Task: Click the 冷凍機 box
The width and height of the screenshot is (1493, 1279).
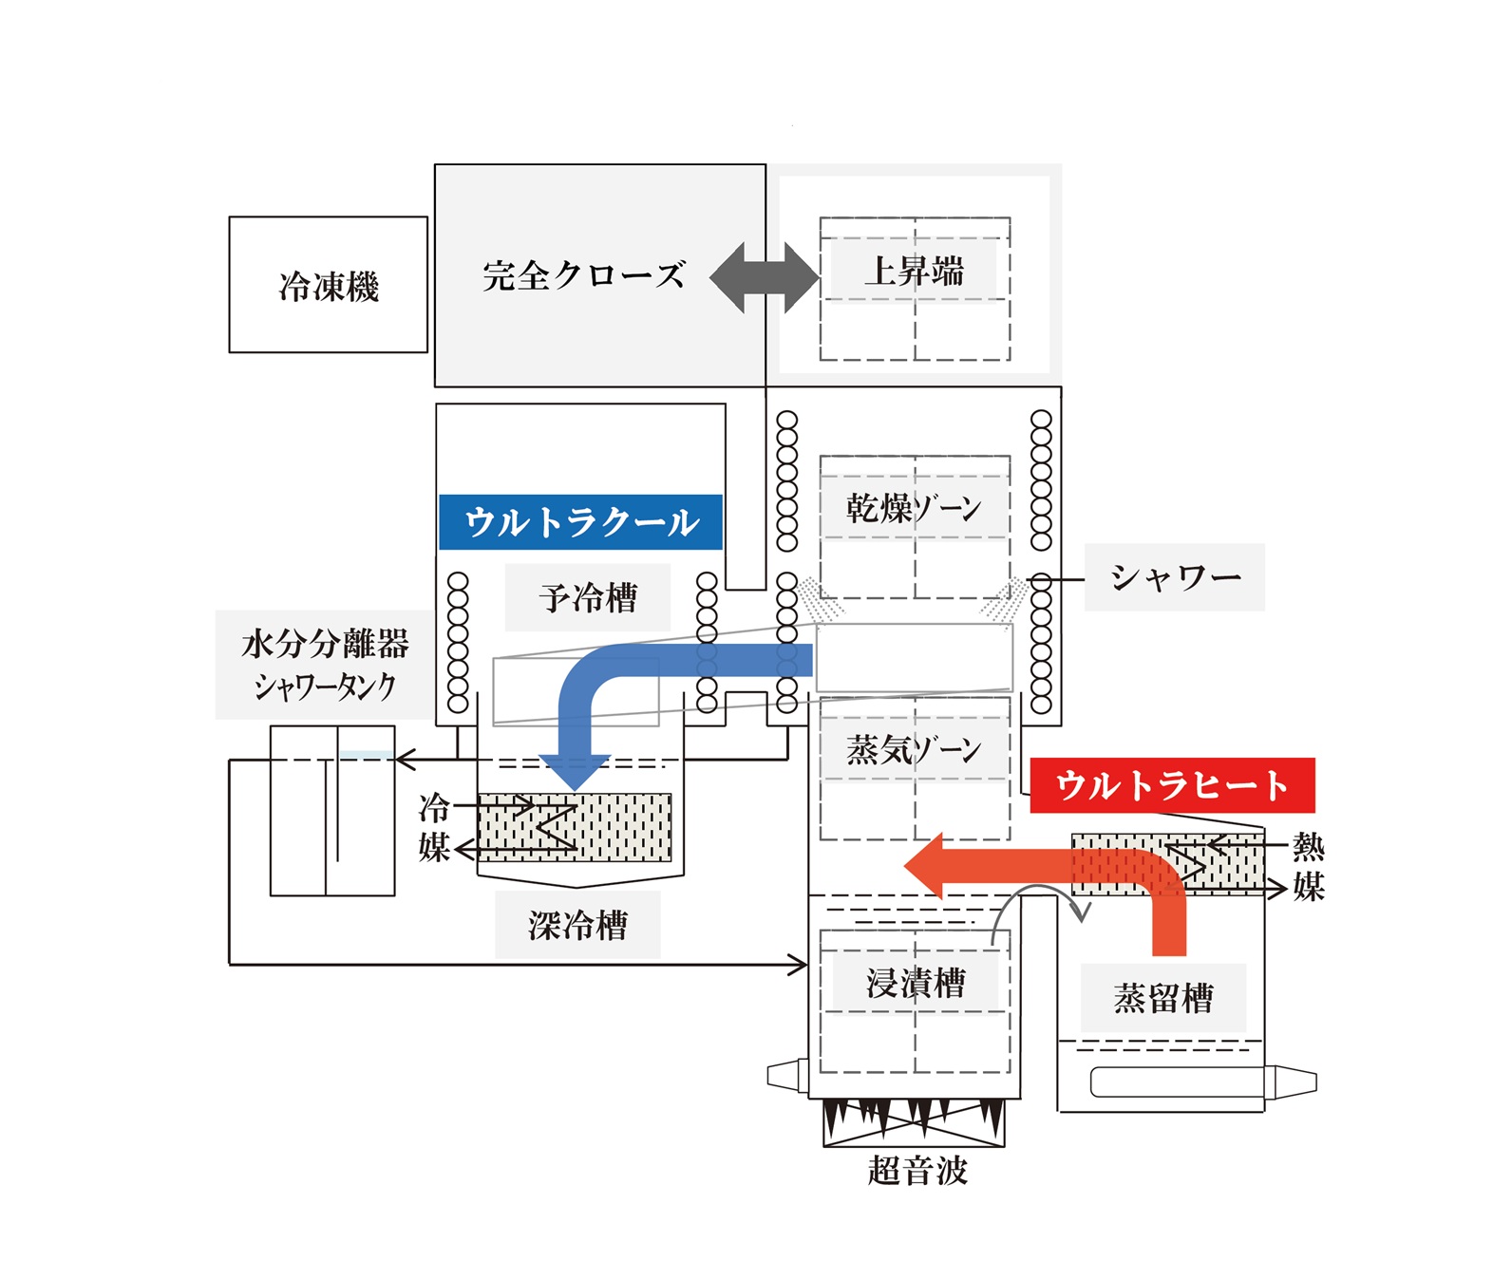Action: (328, 285)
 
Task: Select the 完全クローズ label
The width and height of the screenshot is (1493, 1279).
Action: (583, 275)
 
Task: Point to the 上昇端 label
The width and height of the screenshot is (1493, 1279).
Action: (914, 271)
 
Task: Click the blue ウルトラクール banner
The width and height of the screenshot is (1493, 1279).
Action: (580, 521)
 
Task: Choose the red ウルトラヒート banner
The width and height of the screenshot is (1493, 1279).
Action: (1171, 785)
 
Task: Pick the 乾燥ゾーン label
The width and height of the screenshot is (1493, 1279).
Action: (913, 508)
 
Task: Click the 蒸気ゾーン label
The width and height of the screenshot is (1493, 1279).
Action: (913, 750)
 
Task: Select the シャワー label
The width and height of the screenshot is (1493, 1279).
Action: (1175, 576)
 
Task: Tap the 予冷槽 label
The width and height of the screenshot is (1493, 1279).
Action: (588, 597)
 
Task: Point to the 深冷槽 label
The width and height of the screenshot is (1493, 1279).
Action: (577, 925)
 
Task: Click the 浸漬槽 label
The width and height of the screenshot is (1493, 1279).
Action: (916, 983)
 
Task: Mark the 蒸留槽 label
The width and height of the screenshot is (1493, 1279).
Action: (1163, 998)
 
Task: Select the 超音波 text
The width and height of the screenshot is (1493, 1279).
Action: (917, 1170)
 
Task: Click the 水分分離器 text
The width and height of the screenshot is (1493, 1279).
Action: (325, 644)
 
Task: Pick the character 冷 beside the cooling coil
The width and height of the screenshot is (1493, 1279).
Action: (434, 809)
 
